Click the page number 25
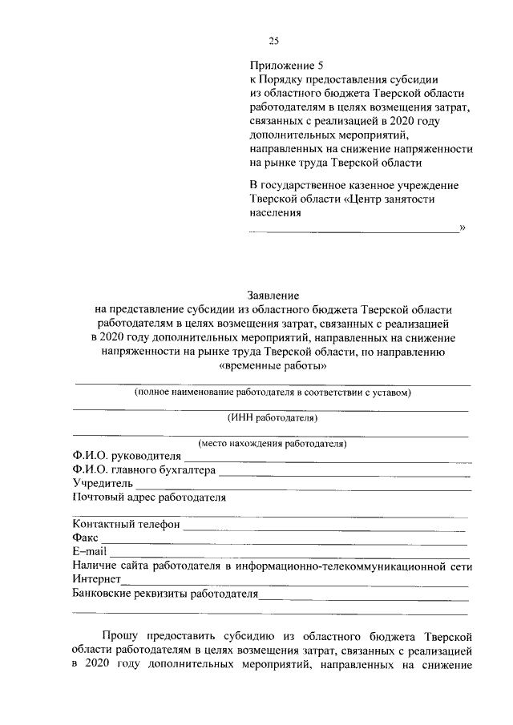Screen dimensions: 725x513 tap(273, 42)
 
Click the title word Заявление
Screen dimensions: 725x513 tap(271, 296)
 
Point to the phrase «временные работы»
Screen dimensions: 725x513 tap(273, 365)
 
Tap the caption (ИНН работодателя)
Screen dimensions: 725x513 tap(273, 417)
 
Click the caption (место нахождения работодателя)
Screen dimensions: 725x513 tap(273, 443)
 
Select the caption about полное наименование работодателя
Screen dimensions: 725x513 tap(273, 393)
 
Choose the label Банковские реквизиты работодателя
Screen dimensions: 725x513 tap(164, 594)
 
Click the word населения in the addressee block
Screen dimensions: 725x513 tap(276, 213)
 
